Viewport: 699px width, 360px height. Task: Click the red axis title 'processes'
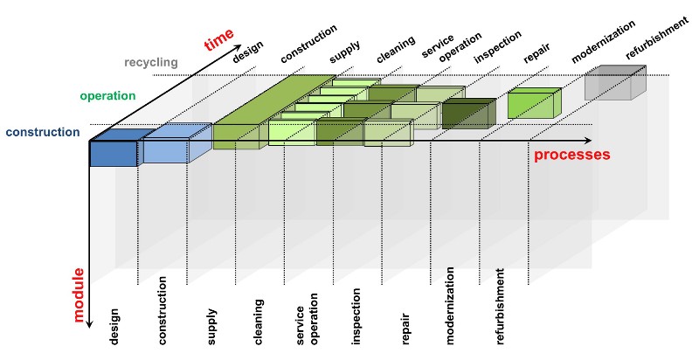572,155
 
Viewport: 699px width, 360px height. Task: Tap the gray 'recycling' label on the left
150,62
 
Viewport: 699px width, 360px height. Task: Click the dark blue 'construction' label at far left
42,133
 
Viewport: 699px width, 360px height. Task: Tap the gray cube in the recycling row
612,85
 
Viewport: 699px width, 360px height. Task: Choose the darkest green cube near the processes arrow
467,114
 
